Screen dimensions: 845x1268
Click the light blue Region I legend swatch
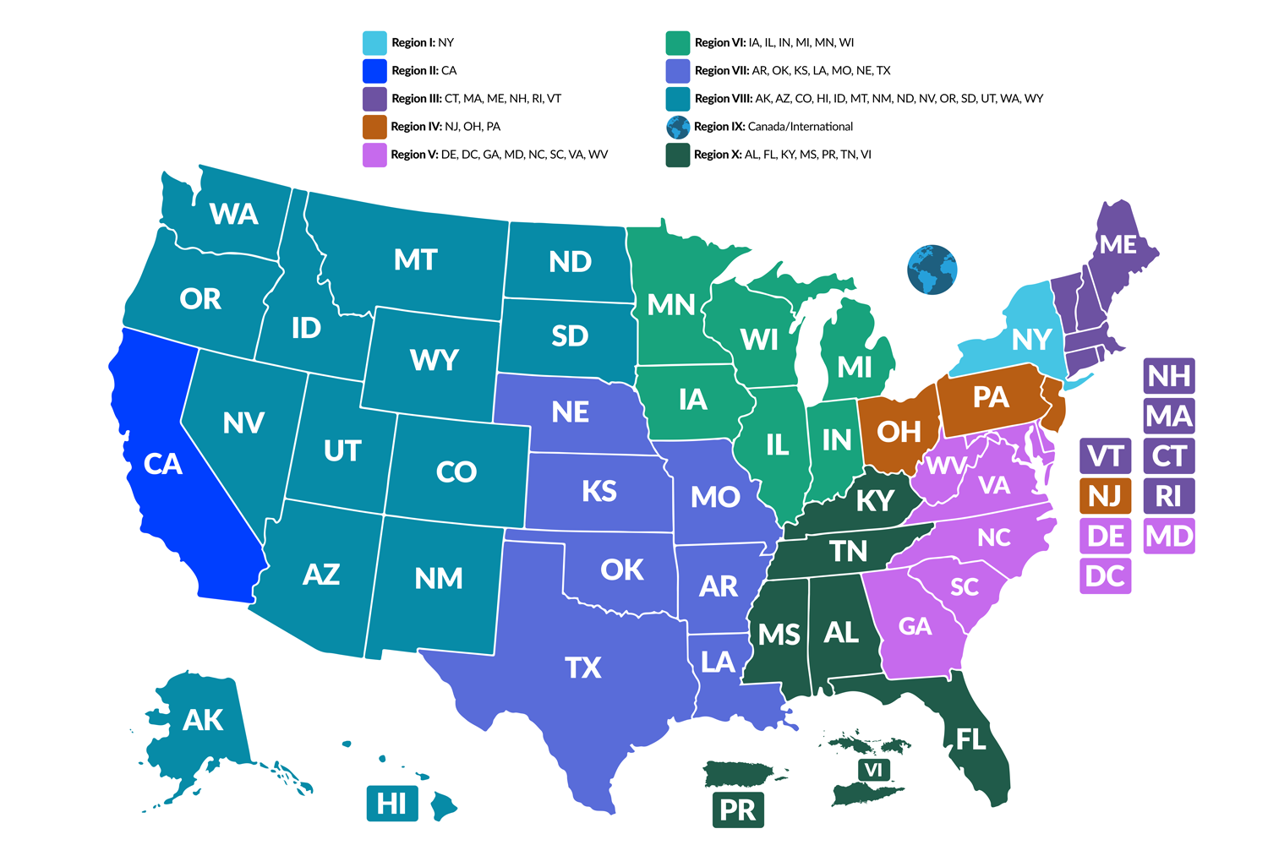[x=374, y=43]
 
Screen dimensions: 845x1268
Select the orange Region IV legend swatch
[x=374, y=127]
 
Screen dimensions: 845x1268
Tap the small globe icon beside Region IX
[x=678, y=127]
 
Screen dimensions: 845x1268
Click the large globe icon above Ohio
[x=932, y=270]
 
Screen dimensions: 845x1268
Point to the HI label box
[x=391, y=803]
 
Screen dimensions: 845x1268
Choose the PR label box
[x=737, y=810]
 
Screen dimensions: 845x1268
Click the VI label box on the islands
[x=873, y=770]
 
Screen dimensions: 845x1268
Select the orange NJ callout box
[x=1105, y=496]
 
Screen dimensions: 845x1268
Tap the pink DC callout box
[x=1105, y=576]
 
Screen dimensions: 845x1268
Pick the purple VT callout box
[x=1105, y=456]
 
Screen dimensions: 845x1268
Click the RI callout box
[x=1168, y=496]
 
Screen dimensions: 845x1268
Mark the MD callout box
[x=1168, y=536]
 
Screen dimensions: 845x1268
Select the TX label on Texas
[x=583, y=668]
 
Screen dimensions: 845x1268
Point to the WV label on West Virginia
[x=944, y=466]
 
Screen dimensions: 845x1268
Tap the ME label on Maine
[x=1118, y=245]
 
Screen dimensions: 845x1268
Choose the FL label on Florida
[x=970, y=739]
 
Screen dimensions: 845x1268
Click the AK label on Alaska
[x=203, y=720]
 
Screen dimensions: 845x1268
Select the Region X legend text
[x=782, y=155]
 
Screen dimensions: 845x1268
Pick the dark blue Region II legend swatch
[x=374, y=71]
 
